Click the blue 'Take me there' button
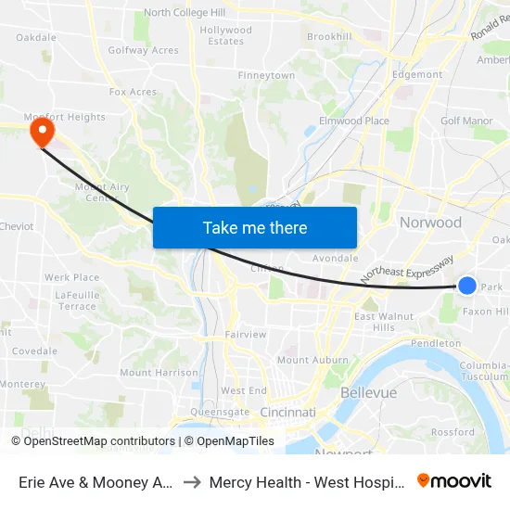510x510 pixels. click(255, 227)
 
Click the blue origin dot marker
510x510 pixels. click(467, 286)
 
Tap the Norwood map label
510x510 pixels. click(430, 223)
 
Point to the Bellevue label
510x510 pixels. click(368, 393)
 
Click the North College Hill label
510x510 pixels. click(185, 13)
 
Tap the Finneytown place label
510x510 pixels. click(266, 75)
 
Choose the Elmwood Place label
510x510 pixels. click(354, 121)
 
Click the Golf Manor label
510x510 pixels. click(466, 121)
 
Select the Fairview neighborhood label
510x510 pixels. click(246, 334)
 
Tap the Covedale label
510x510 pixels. click(34, 351)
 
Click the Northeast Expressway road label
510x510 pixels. click(407, 269)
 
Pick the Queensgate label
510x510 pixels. click(220, 412)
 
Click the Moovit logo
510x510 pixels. click(454, 480)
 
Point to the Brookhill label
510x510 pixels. click(329, 36)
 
